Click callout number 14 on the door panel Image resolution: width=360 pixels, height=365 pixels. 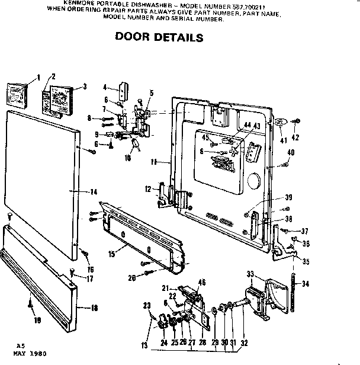point(93,191)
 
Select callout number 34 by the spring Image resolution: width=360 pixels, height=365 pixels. point(306,284)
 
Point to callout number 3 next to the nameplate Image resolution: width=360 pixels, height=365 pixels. point(85,87)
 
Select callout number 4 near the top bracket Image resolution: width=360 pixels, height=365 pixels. point(104,87)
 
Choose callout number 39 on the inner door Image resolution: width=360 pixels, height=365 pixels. point(288,197)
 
